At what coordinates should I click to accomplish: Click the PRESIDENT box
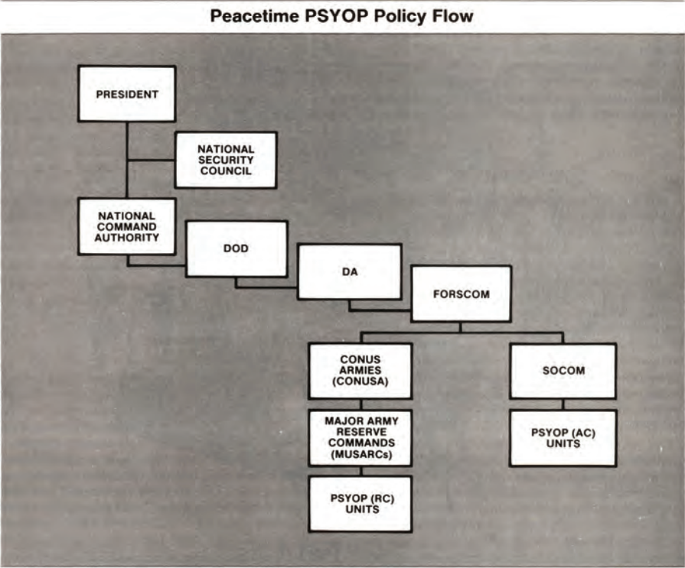126,94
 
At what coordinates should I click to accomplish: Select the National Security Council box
225,160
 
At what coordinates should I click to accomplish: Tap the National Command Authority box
126,226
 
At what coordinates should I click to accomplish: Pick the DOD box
236,249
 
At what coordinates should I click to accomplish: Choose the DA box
349,271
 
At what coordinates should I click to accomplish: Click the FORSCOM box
461,294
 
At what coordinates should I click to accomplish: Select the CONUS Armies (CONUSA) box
360,371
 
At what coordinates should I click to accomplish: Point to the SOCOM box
563,371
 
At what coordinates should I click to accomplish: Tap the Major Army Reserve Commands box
360,437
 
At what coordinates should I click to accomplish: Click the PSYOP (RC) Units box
360,504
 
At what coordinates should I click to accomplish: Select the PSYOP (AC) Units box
563,438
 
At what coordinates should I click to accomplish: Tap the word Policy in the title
400,16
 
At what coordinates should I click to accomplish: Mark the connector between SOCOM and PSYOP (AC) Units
563,404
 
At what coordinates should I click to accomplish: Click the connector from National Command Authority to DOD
157,265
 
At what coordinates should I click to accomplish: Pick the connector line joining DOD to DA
266,287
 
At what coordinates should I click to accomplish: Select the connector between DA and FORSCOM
379,309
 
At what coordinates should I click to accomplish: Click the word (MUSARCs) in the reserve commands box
360,456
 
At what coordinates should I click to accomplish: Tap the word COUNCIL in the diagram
225,171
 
